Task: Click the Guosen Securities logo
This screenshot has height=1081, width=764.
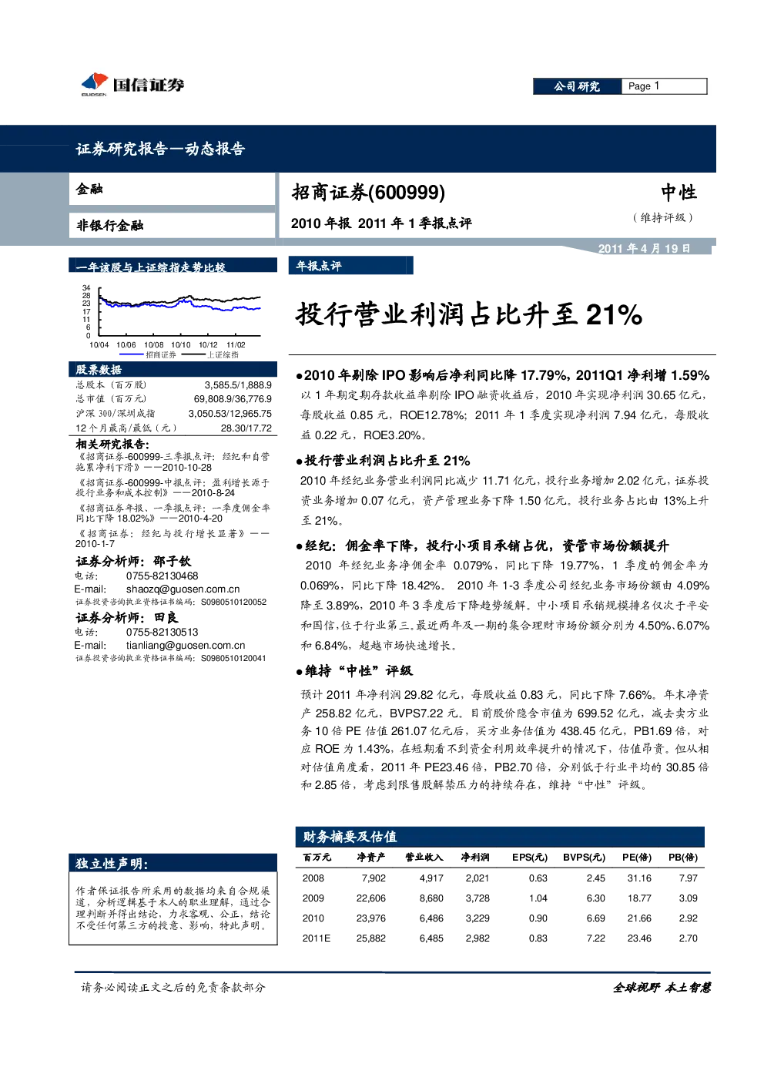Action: pyautogui.click(x=132, y=85)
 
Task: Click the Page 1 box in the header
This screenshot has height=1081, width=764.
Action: pyautogui.click(x=664, y=86)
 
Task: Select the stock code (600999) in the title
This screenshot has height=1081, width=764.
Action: pyautogui.click(x=407, y=193)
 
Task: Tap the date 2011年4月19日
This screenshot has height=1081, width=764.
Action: pyautogui.click(x=644, y=249)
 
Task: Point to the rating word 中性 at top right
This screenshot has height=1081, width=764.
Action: pyautogui.click(x=679, y=193)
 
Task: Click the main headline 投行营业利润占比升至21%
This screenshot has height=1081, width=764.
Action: pyautogui.click(x=469, y=314)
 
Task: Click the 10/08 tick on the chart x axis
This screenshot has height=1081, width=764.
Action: pyautogui.click(x=154, y=345)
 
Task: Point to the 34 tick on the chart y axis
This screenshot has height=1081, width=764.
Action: pyautogui.click(x=86, y=288)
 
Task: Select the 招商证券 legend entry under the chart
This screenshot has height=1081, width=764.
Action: pyautogui.click(x=148, y=354)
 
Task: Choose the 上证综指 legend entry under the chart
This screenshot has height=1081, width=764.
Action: pyautogui.click(x=209, y=354)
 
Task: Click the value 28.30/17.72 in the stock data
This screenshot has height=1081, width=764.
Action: pyautogui.click(x=246, y=428)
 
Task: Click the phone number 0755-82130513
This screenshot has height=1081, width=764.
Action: pyautogui.click(x=162, y=633)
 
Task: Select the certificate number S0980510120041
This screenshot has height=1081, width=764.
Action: pyautogui.click(x=233, y=658)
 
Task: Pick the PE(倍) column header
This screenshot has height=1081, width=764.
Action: pyautogui.click(x=637, y=857)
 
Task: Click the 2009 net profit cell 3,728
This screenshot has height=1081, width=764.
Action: pyautogui.click(x=477, y=898)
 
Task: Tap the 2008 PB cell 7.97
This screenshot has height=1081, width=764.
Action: pyautogui.click(x=689, y=878)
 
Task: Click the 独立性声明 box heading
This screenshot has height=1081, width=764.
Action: pyautogui.click(x=112, y=864)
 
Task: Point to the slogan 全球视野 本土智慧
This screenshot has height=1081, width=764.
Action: pyautogui.click(x=662, y=987)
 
